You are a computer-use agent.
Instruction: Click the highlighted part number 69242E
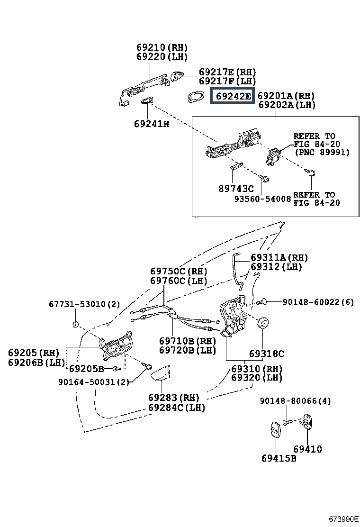pos(233,96)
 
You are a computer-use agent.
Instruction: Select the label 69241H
pos(152,124)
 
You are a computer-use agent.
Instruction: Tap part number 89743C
pos(236,189)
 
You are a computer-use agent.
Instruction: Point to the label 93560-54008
pos(262,199)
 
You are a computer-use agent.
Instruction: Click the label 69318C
pos(266,354)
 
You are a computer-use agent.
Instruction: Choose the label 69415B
pos(279,458)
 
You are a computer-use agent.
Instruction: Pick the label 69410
pos(307,449)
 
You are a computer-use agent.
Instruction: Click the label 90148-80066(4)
pos(295,400)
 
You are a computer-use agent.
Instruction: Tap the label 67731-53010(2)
pos(84,304)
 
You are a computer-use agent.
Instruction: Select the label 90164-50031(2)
pos(94,382)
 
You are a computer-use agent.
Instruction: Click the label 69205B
pos(86,369)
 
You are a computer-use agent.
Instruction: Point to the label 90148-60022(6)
pos(318,302)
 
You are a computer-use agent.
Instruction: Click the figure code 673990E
pos(343,519)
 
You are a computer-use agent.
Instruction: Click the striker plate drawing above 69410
pos(306,421)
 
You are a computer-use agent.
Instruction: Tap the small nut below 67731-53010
pos(76,325)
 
